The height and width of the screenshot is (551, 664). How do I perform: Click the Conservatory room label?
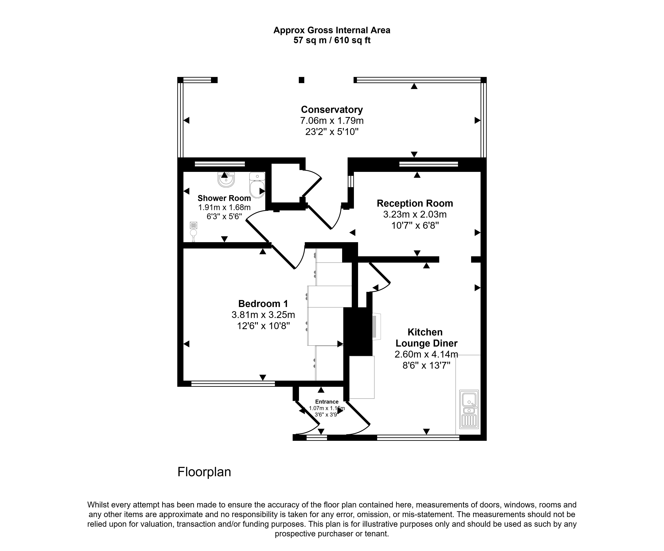332,110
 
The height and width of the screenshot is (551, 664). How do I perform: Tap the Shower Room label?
224,198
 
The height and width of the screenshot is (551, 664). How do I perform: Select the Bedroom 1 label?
263,304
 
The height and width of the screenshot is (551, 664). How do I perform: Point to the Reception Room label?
415,203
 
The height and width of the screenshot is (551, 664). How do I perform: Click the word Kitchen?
425,332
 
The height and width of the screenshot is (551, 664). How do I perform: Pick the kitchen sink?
469,409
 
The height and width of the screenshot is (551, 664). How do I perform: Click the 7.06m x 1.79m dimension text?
332,121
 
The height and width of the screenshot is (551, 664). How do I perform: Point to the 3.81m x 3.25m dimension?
263,315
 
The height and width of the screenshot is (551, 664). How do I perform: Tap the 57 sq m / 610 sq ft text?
332,40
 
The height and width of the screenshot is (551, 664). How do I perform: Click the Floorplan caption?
204,472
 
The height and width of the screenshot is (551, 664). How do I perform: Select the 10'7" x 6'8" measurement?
415,225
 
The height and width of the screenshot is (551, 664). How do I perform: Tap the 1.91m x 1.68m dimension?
224,207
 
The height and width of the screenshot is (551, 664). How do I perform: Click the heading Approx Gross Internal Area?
332,30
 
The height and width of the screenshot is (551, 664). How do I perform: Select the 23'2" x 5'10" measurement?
332,132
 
